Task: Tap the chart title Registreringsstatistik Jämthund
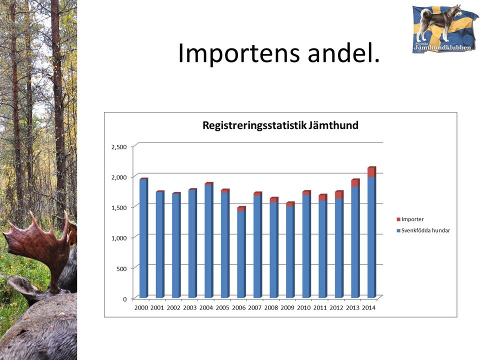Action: pos(280,125)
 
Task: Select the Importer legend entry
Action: pos(410,219)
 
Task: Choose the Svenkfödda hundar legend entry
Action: pos(423,230)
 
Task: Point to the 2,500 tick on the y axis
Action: pos(119,147)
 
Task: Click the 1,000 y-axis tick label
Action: pos(119,238)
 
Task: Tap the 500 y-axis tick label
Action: pos(122,269)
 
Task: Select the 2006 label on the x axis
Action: pos(239,308)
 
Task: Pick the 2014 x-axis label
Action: pos(368,308)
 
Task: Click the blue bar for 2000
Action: pos(144,238)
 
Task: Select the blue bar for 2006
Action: pos(241,254)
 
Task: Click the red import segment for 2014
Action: pos(371,172)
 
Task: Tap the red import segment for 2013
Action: pos(355,183)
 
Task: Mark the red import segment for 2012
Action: pos(339,194)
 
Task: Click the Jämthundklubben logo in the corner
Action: pos(445,28)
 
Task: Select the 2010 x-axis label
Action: pos(303,308)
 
